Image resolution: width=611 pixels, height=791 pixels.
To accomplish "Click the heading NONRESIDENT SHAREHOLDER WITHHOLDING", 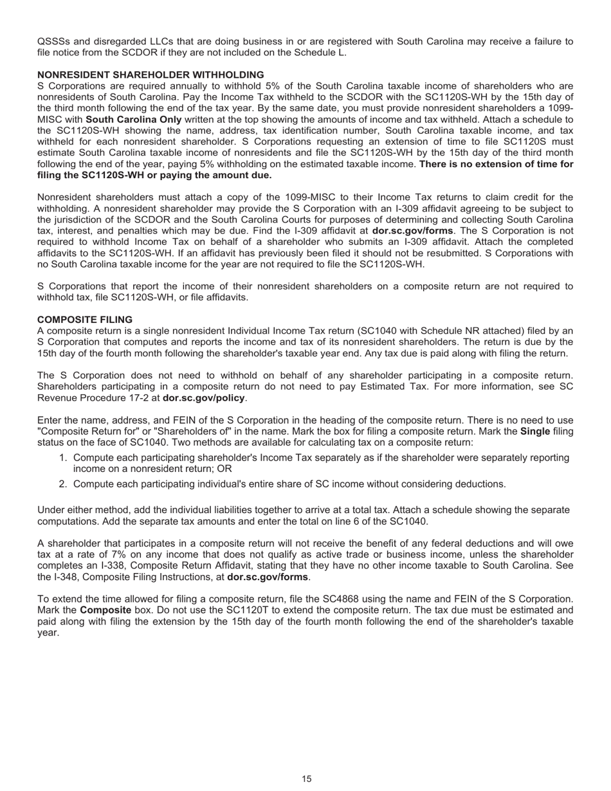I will click(150, 75).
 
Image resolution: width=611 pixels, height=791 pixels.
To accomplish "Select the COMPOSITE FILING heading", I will click(85, 320).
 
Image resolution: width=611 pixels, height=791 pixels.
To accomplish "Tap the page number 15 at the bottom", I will click(306, 779).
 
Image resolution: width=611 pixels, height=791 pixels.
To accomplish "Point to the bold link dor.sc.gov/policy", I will click(203, 398).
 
